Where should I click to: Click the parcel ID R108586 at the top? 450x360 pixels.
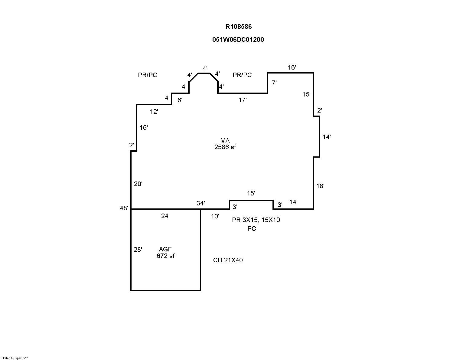(239, 27)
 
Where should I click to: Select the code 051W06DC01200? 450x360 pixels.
(238, 40)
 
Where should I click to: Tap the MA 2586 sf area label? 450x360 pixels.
(225, 144)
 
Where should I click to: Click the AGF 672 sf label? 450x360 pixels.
(165, 253)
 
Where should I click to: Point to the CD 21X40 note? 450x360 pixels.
(228, 260)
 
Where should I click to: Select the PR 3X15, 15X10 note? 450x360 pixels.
(256, 220)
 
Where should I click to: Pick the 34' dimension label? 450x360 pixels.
(201, 203)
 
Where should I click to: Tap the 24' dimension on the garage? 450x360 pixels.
(165, 216)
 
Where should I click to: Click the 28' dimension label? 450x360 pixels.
(138, 250)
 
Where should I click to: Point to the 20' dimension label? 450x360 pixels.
(138, 184)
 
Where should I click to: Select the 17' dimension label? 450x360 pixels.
(243, 100)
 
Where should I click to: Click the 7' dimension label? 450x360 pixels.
(274, 83)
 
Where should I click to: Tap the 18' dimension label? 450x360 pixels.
(320, 186)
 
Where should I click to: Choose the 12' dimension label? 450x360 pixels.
(154, 112)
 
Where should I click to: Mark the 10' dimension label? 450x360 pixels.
(215, 216)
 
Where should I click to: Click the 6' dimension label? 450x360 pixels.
(180, 100)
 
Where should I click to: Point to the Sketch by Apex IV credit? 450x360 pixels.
(15, 358)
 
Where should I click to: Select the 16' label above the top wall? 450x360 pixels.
(292, 67)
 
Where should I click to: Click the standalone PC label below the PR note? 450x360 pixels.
(252, 229)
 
